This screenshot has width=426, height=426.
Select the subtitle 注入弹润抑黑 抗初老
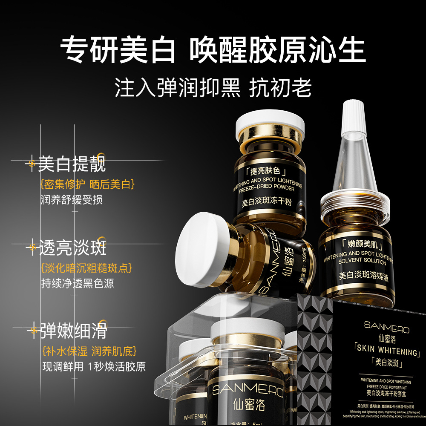(213, 88)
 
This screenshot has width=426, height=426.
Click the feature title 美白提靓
(72, 164)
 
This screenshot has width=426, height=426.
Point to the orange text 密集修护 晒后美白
(88, 184)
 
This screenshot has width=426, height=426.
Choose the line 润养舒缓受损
(72, 200)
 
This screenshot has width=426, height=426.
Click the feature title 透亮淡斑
(72, 248)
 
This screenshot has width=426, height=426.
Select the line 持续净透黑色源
(78, 283)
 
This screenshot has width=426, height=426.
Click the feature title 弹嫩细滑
(73, 331)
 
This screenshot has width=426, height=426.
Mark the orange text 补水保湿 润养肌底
(89, 351)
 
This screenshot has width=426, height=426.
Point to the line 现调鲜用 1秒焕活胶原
(94, 366)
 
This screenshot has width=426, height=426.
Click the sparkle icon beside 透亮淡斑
(31, 247)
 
